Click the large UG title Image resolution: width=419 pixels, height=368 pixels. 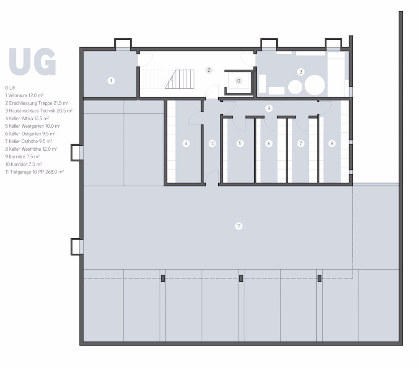(x=32, y=62)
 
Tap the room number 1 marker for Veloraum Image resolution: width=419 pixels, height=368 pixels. (x=111, y=80)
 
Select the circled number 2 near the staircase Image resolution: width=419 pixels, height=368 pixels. (x=209, y=70)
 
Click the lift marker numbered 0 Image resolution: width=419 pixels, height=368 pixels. (x=238, y=80)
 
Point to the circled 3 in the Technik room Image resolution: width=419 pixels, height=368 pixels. (x=300, y=72)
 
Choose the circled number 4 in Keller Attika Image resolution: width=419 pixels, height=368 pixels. (x=186, y=143)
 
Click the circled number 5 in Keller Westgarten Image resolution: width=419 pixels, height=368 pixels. (x=240, y=143)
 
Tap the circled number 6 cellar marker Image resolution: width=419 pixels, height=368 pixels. (x=269, y=143)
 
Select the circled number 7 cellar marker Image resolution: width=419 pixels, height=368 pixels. (x=300, y=143)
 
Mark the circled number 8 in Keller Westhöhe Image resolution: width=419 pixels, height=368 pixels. (x=332, y=143)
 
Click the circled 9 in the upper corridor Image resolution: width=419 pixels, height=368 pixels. (x=269, y=108)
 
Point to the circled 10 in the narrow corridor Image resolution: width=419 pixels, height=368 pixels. (x=212, y=143)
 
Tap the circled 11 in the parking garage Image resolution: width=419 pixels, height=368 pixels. (x=238, y=226)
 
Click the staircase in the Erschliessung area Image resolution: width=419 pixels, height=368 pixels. (x=180, y=79)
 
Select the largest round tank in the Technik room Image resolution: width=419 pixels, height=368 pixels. (x=315, y=86)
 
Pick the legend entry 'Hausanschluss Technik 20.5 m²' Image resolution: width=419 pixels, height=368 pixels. (x=39, y=111)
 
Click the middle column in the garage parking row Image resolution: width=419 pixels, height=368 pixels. (x=241, y=278)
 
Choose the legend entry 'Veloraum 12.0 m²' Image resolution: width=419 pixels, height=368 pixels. (x=25, y=95)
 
